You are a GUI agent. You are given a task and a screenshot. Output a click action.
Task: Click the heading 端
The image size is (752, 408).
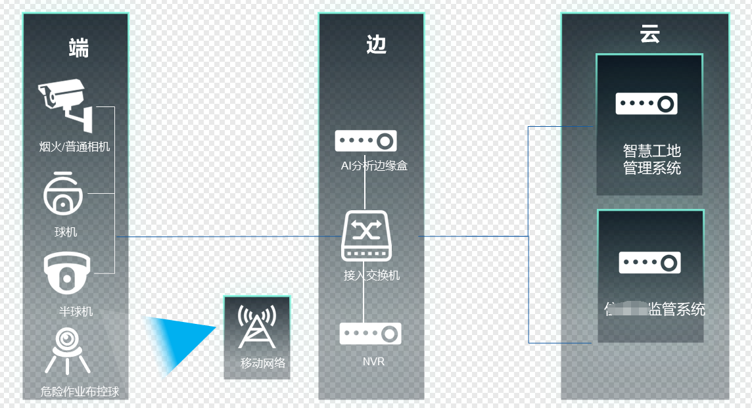pos(78,48)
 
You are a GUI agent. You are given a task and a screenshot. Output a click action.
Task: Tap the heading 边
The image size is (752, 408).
pos(376,44)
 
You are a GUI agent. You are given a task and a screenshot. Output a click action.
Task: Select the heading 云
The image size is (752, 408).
pos(649,34)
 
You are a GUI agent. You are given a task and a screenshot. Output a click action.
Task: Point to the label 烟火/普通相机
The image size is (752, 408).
pos(74,147)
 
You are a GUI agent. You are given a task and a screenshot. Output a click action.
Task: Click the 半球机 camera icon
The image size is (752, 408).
pos(66,273)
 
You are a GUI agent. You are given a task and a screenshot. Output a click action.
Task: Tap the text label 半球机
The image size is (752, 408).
pos(76,311)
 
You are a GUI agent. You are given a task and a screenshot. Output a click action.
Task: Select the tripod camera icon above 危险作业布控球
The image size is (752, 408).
pos(66,350)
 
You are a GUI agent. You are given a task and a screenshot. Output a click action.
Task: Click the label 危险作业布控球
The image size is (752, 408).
pos(80,392)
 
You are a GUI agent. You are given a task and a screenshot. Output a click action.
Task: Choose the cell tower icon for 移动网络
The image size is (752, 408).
pos(257,327)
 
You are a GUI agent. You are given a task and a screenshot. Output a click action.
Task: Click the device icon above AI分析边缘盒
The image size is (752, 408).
pos(365,141)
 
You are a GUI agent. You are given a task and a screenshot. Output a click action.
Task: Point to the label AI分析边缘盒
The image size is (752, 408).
pos(374,166)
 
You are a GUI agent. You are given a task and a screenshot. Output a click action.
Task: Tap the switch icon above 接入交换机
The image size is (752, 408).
pos(366,236)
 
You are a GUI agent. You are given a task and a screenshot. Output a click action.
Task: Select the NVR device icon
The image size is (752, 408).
pos(370,334)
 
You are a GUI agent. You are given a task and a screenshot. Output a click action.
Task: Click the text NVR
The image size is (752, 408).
pos(373,361)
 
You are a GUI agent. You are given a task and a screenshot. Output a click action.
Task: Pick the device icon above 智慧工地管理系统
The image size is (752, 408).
pos(646,104)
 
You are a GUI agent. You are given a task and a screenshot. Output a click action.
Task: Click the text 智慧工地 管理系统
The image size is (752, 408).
pos(651,160)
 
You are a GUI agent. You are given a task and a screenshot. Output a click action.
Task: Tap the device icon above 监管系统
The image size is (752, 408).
pos(649,263)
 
